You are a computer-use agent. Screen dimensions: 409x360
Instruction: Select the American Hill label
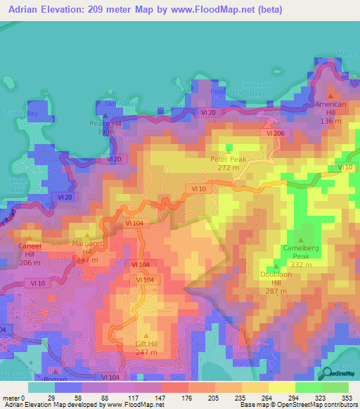click(x=331, y=104)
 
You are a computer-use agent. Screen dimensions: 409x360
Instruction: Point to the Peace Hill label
click(x=106, y=123)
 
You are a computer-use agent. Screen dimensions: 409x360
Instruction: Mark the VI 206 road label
click(x=274, y=133)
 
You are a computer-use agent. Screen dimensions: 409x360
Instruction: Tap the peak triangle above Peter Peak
click(x=228, y=150)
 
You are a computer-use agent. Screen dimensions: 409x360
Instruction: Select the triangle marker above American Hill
click(x=331, y=94)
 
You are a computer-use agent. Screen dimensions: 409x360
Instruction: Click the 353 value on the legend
click(x=345, y=397)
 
